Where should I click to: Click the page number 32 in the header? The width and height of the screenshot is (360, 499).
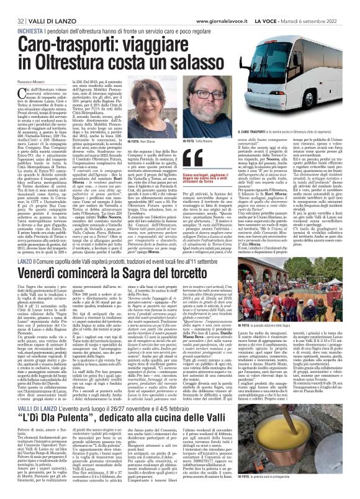click(13, 6)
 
